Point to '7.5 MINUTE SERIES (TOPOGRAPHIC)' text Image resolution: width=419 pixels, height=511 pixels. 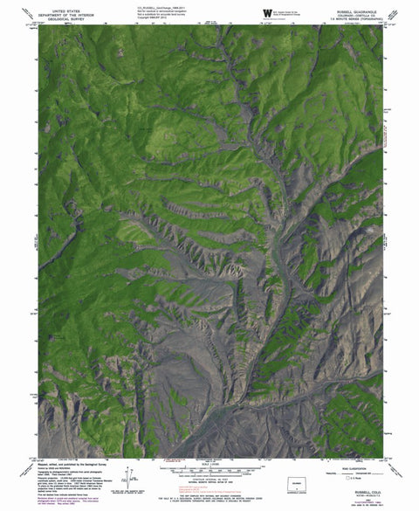tap(355, 18)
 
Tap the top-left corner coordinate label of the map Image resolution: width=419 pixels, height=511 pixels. tap(33, 24)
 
